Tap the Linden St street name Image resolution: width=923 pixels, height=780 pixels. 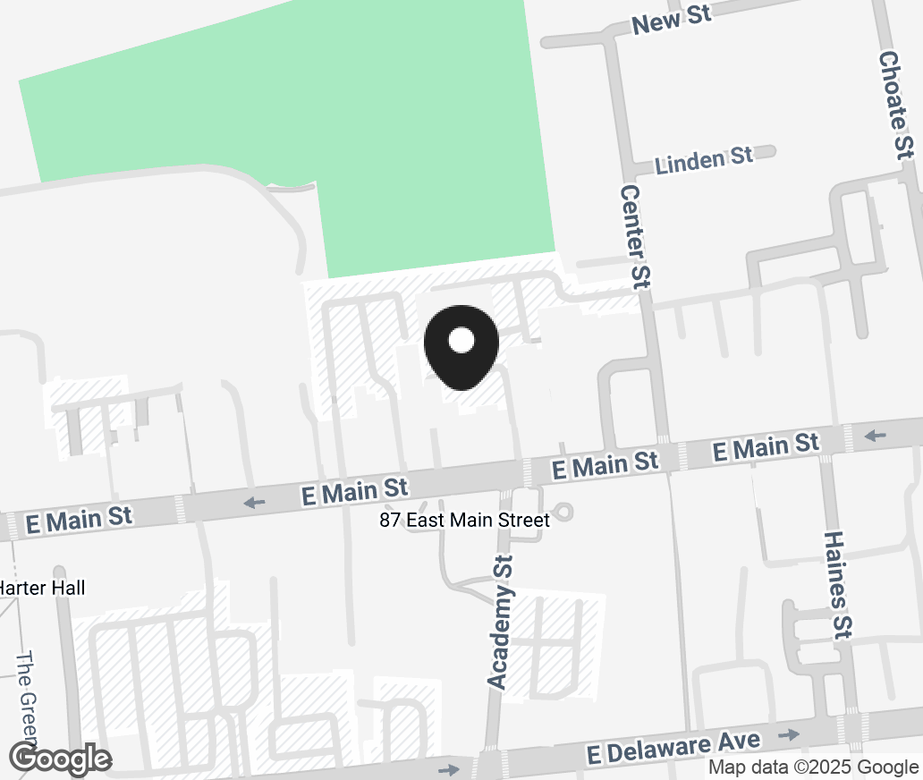point(703,160)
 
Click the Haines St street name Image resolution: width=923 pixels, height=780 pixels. point(836,584)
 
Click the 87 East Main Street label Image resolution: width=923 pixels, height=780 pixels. point(464,520)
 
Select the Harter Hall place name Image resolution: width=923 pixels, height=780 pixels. point(42,588)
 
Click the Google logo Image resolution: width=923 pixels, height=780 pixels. point(61,759)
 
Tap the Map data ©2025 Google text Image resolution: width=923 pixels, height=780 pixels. point(813,767)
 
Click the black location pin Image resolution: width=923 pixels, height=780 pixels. point(461,349)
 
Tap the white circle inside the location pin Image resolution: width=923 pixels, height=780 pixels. point(461,340)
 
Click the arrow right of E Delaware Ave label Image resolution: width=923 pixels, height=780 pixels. point(789,734)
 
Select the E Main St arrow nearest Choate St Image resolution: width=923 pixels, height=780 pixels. point(876,437)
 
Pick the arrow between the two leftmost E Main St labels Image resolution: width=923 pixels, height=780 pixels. point(255,502)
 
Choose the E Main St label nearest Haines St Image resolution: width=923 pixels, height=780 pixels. point(766,445)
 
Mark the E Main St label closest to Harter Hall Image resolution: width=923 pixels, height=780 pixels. point(80,519)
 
